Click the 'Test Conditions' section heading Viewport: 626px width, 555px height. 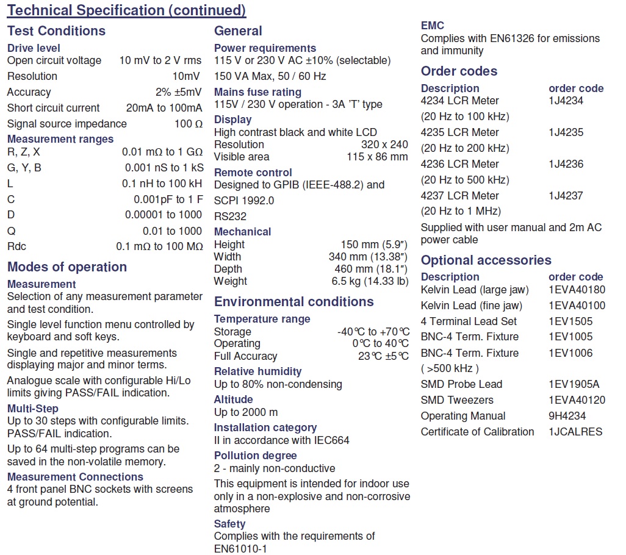tap(56, 31)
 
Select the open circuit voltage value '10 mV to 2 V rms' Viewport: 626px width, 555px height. tap(160, 60)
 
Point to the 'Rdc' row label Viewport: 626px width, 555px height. tap(16, 246)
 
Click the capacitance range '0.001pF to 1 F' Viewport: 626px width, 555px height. tap(168, 199)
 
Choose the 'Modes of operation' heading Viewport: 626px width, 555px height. tap(67, 267)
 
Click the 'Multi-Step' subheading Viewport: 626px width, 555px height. tap(33, 409)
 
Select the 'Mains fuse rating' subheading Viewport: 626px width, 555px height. tap(257, 92)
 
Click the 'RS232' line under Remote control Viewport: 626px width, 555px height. tap(230, 217)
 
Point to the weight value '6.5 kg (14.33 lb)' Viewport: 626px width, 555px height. tap(370, 281)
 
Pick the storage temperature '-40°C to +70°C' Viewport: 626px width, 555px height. tap(373, 332)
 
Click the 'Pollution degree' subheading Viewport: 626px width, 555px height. tap(255, 456)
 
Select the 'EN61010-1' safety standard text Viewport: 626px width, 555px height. tap(240, 549)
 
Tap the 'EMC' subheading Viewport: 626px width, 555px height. tap(433, 26)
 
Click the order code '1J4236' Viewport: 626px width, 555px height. tap(566, 164)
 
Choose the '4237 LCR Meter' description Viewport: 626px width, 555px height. tap(459, 196)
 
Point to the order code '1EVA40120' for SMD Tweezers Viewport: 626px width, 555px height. tap(577, 400)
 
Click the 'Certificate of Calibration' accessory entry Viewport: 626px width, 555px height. tap(477, 432)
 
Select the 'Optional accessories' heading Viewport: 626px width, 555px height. tap(486, 260)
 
